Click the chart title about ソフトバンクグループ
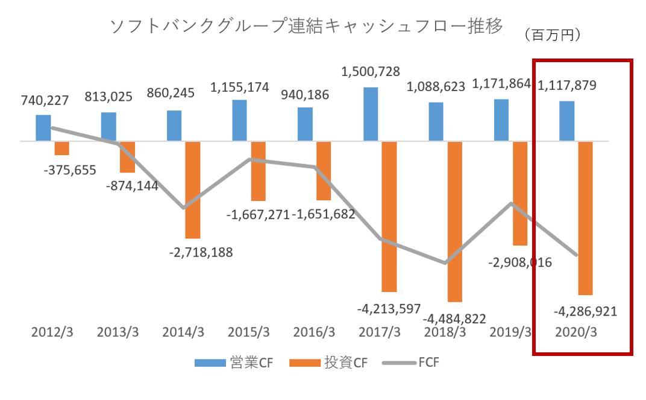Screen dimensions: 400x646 306,27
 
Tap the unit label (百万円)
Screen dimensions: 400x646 552,36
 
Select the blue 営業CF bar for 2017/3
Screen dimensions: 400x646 371,114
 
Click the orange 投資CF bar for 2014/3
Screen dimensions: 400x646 192,189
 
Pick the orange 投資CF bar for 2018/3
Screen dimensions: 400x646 454,221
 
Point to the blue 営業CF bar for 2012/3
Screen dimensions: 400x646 43,128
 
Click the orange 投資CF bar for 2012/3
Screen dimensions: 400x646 62,148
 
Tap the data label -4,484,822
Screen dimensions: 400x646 454,319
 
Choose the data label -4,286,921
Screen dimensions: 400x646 585,312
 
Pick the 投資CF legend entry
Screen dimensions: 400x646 328,363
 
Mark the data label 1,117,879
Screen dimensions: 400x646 566,85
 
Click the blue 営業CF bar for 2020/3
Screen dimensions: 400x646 566,121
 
